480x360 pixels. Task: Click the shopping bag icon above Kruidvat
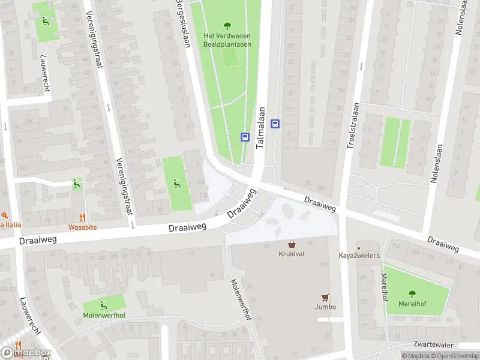[x=292, y=244]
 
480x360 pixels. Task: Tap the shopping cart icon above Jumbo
[x=325, y=297]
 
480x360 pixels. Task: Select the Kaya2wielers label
[x=359, y=256]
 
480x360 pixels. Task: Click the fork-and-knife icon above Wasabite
[x=82, y=218]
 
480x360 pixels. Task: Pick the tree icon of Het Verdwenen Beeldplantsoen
[x=227, y=25]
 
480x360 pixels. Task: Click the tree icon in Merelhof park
[x=412, y=293]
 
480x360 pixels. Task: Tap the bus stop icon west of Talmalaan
[x=245, y=137]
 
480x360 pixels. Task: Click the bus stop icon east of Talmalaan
[x=275, y=124]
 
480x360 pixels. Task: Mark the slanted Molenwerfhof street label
[x=239, y=299]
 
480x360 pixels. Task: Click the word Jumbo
[x=325, y=307]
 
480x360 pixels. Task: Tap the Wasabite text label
[x=82, y=228]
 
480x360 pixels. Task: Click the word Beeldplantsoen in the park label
[x=227, y=44]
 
